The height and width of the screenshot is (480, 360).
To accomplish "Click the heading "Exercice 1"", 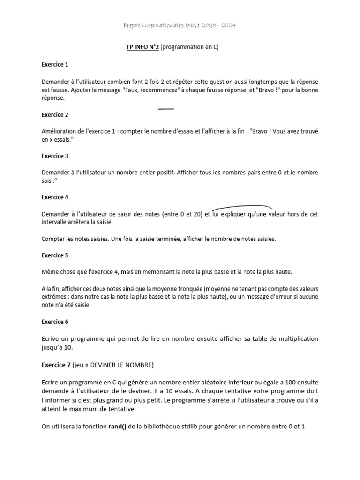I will [55, 64].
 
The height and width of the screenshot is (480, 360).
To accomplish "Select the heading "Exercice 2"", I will [55, 115].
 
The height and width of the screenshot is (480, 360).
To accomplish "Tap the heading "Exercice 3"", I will [55, 156].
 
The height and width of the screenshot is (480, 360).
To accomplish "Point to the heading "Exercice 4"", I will [55, 197].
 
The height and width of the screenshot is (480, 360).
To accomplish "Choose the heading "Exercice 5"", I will [55, 255].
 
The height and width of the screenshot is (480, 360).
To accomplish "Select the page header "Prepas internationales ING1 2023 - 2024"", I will [180, 25].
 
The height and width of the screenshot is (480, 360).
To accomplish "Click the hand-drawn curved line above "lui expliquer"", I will [242, 207].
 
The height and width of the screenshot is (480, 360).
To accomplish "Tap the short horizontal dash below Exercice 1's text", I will [166, 109].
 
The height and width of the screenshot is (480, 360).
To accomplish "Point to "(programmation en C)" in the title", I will [189, 47].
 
